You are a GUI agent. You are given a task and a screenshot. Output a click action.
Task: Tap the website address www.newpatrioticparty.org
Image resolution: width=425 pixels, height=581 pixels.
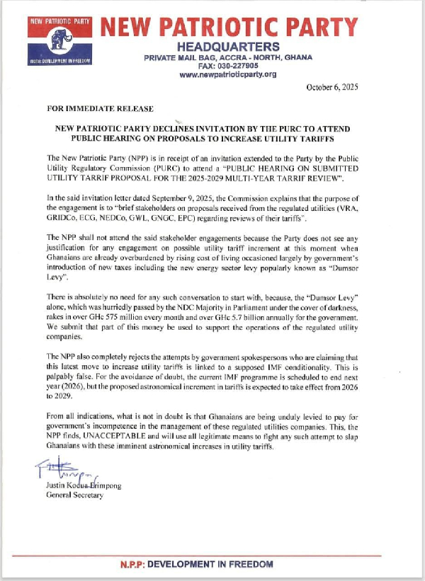(228, 74)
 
